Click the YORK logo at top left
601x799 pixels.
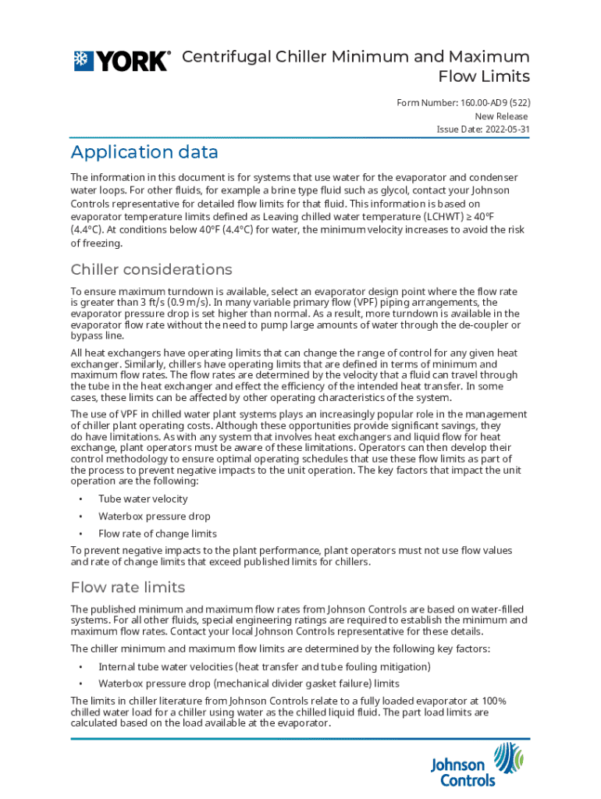pyautogui.click(x=121, y=61)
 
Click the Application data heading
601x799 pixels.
pyautogui.click(x=144, y=151)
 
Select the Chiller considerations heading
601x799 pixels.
pyautogui.click(x=151, y=270)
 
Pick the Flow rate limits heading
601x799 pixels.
pyautogui.click(x=128, y=587)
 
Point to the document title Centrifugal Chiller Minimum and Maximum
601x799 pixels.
pyautogui.click(x=355, y=57)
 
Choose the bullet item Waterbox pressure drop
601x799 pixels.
pyautogui.click(x=155, y=516)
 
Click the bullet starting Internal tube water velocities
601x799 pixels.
pyautogui.click(x=264, y=666)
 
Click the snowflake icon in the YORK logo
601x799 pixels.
pyautogui.click(x=84, y=61)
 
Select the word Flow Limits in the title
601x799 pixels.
pyautogui.click(x=484, y=76)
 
